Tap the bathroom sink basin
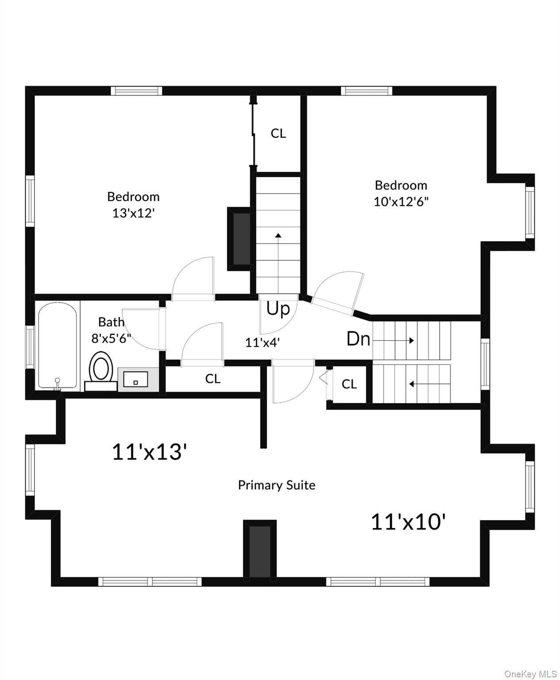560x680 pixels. (135, 379)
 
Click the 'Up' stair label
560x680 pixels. (278, 309)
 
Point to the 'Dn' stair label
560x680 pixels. (358, 339)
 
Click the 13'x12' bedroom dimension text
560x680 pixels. (133, 213)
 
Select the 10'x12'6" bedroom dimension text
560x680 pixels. (401, 202)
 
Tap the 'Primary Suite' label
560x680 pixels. (276, 485)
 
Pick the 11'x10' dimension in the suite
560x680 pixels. (407, 522)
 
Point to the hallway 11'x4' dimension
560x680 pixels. (263, 342)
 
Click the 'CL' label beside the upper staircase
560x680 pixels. (278, 133)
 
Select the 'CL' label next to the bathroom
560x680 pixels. (213, 379)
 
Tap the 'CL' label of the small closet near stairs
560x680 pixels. (349, 384)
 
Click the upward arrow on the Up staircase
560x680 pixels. (278, 236)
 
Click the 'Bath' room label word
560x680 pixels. (111, 322)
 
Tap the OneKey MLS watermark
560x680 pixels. (530, 674)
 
